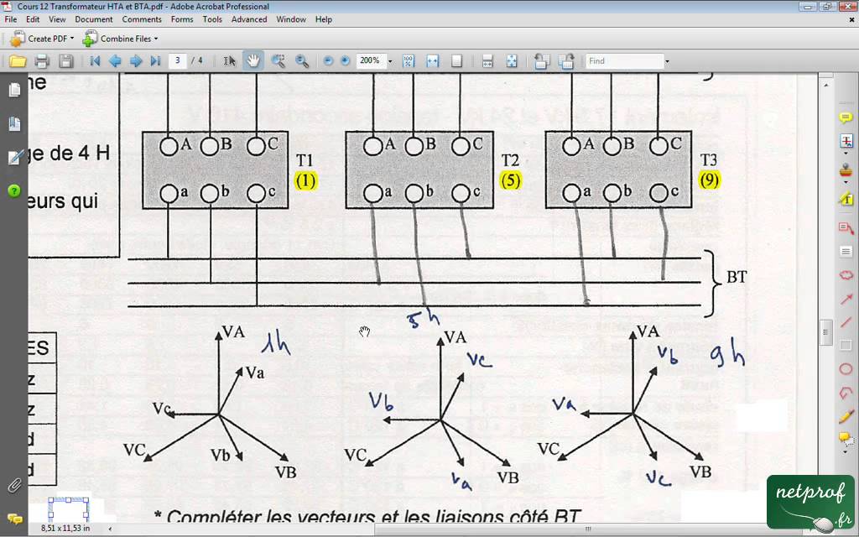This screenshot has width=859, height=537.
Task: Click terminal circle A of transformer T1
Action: click(x=169, y=146)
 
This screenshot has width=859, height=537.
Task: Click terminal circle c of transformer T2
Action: click(x=461, y=194)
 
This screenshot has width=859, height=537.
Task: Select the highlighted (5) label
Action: click(x=510, y=180)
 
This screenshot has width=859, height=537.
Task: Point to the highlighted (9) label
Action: click(x=709, y=180)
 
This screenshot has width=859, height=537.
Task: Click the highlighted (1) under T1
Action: click(x=305, y=180)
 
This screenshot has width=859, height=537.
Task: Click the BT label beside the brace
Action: click(x=737, y=277)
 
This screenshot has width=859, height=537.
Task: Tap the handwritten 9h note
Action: click(x=727, y=358)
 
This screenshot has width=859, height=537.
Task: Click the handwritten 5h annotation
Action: click(x=423, y=319)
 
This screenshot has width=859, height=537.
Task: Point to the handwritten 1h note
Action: click(x=275, y=343)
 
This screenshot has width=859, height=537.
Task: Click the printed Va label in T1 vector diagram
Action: click(x=254, y=373)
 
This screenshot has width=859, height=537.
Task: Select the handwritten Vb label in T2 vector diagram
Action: click(x=382, y=401)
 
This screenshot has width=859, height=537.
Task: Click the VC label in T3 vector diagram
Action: click(x=549, y=449)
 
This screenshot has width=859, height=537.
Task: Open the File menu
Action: click(x=11, y=19)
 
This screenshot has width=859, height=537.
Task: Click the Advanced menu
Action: click(x=249, y=19)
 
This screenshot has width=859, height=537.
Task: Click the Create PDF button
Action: click(x=42, y=39)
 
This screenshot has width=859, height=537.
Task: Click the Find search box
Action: click(x=624, y=60)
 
